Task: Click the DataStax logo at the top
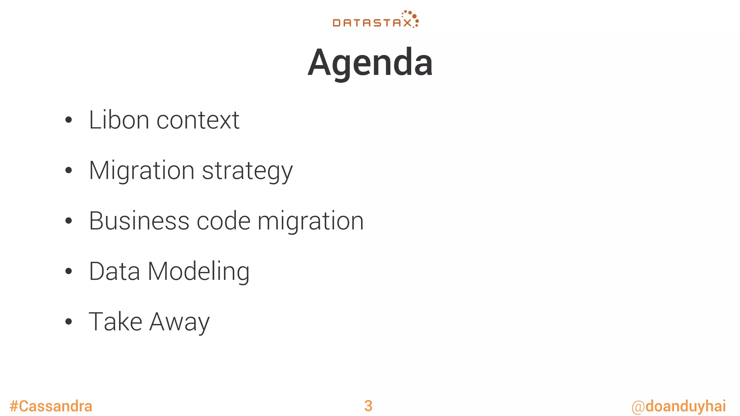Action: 375,20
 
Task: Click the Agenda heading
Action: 370,63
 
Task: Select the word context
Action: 198,120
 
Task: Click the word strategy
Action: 247,171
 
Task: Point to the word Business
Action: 139,221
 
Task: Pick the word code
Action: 223,221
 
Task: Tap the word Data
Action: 115,271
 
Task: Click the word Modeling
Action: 198,272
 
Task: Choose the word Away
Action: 179,322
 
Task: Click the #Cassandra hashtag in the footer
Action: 51,406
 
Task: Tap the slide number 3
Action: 368,406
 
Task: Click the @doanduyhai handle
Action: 679,406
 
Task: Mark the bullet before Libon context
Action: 69,120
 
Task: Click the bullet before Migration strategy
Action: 69,170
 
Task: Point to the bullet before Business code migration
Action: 69,221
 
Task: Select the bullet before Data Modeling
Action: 69,271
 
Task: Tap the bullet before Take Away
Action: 69,322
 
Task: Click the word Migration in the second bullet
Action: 142,171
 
